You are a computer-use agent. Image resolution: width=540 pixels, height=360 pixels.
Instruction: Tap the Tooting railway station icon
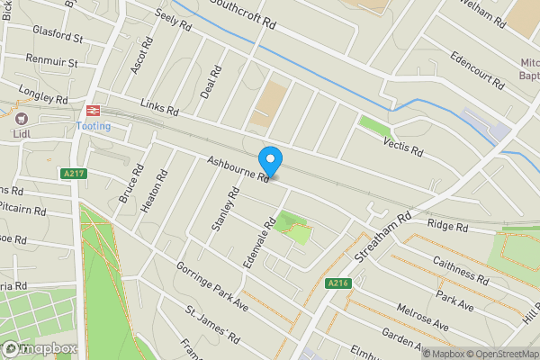[91, 109]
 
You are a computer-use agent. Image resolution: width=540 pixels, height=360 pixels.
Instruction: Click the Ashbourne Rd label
[238, 170]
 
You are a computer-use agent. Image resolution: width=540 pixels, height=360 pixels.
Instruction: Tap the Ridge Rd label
[448, 226]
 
